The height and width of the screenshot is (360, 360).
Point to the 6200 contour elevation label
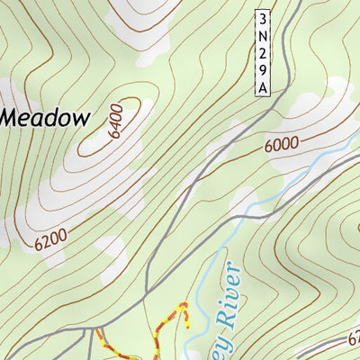point(52,239)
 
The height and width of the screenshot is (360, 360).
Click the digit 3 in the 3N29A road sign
point(262,18)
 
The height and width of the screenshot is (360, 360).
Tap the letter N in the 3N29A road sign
point(262,35)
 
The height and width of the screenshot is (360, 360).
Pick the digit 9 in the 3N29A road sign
point(262,69)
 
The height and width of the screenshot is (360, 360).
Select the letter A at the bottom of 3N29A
point(262,86)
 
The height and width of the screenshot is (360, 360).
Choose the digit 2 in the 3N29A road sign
point(262,52)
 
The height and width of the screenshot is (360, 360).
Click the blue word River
point(224,294)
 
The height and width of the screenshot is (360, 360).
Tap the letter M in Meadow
point(12,117)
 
